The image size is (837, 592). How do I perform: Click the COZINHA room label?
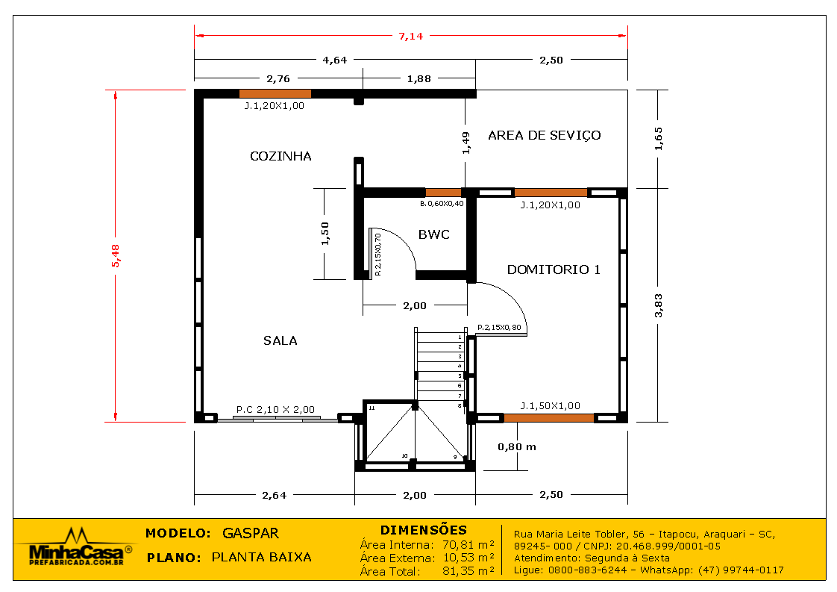[x=280, y=156]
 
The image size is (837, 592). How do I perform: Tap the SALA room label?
[x=280, y=340]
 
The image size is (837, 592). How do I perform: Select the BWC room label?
[x=434, y=234]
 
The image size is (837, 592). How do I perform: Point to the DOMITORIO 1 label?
[x=554, y=269]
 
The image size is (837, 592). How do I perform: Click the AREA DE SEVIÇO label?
[x=545, y=135]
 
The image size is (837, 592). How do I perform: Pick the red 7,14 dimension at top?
[x=411, y=37]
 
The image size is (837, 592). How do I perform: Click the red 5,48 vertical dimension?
[x=116, y=255]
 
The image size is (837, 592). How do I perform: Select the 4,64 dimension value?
[x=335, y=60]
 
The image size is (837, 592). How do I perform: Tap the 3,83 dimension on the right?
[x=658, y=305]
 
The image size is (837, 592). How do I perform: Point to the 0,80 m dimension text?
[x=517, y=446]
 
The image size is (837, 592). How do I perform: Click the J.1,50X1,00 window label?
[x=551, y=405]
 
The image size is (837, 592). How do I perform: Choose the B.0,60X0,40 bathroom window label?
[x=442, y=204]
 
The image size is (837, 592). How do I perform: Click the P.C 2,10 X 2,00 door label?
[x=275, y=409]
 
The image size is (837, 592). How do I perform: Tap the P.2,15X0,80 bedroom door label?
[x=499, y=328]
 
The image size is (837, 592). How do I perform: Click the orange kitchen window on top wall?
[x=275, y=93]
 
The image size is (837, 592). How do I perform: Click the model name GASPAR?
[x=251, y=533]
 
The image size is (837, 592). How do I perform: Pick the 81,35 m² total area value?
[x=468, y=571]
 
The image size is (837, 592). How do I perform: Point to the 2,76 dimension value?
[x=278, y=78]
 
